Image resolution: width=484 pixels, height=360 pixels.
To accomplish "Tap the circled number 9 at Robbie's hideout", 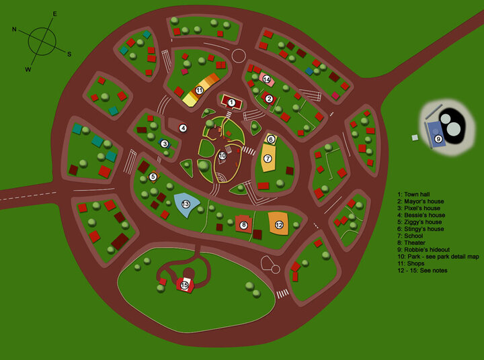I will [438, 139].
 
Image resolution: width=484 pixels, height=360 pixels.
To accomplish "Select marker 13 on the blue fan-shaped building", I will [186, 204].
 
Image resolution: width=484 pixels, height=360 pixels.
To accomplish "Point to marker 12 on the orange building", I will [279, 225].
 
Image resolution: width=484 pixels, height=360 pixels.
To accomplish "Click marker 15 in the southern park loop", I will [184, 285].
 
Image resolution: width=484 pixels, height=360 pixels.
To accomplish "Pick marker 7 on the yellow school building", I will [267, 159].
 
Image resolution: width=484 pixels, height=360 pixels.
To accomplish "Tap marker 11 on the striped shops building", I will [200, 90].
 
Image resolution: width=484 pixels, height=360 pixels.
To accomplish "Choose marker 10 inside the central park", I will [223, 156].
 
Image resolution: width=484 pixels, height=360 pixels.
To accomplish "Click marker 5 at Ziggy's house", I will [153, 177].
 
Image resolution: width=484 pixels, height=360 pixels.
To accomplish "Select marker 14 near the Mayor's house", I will [266, 80].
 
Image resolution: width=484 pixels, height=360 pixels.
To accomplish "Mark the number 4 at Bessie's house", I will [183, 128].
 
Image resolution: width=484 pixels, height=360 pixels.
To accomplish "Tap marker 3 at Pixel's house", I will [164, 143].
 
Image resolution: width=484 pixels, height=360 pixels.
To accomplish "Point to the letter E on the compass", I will [55, 13].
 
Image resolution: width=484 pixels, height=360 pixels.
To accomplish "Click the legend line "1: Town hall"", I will [417, 194].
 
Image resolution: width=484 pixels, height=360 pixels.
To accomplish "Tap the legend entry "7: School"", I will [413, 236].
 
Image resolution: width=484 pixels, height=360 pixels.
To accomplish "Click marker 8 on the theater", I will [243, 226].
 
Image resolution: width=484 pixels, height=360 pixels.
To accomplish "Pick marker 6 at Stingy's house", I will [271, 140].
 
